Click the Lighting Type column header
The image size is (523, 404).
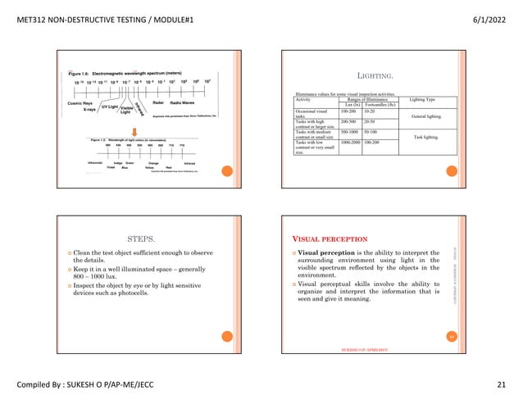[417, 99]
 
